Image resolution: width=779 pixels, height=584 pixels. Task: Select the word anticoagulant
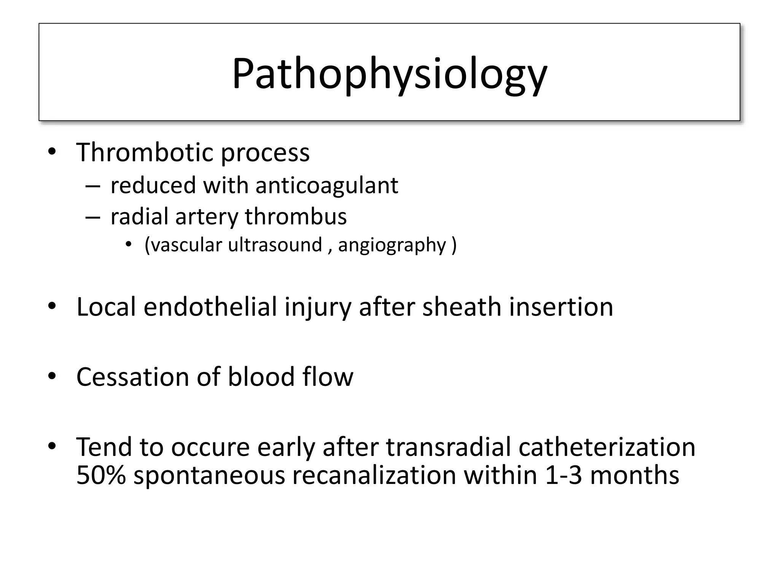(x=326, y=186)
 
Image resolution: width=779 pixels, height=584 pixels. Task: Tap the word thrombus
(x=296, y=216)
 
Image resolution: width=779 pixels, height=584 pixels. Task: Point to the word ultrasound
(x=275, y=244)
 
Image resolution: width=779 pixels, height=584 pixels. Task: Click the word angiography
(x=392, y=245)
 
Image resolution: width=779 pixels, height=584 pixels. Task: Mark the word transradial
(x=449, y=447)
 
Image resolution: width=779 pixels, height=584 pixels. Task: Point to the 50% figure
(x=101, y=475)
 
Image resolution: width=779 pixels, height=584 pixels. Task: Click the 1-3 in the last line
(x=563, y=475)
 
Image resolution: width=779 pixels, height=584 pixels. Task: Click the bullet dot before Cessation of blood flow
(x=52, y=376)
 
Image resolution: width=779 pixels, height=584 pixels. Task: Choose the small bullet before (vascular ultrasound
(x=129, y=244)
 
